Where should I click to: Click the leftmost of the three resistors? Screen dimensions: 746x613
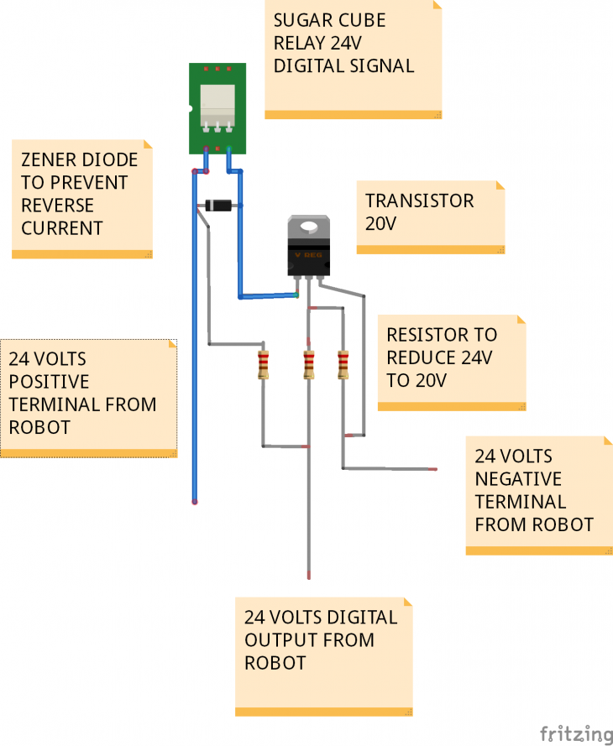point(264,365)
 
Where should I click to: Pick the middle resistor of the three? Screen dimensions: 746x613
point(308,365)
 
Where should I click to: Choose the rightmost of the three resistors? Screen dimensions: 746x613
point(343,365)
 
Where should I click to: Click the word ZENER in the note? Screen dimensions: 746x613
point(47,159)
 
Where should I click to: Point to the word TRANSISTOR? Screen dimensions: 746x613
point(419,201)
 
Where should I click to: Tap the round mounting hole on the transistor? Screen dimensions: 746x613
point(309,225)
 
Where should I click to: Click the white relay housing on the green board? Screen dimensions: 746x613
point(217,104)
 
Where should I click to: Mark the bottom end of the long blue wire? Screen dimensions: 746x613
point(195,501)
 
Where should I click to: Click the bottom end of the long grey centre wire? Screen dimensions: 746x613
point(309,576)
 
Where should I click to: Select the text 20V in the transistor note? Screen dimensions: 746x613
point(380,224)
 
